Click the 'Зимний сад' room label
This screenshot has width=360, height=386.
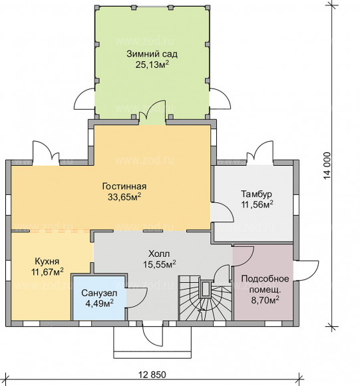tap(152, 54)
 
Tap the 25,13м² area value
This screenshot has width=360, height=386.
tap(152, 65)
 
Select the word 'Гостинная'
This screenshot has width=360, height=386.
tap(124, 186)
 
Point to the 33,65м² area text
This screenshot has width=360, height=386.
tap(124, 197)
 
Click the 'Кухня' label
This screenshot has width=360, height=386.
tap(47, 261)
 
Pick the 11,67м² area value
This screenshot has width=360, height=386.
tap(47, 272)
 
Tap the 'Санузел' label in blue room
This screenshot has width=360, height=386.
tap(99, 293)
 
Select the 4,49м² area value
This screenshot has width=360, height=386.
tap(99, 303)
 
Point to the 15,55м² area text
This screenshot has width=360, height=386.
tap(159, 264)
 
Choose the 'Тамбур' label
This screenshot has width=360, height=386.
tap(256, 194)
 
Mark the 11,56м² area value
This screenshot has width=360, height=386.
tap(257, 204)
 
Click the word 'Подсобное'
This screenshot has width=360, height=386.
tap(265, 279)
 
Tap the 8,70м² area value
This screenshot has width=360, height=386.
tap(265, 300)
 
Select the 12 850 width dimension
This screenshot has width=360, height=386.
tap(152, 375)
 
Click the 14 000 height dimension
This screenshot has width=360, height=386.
tap(327, 166)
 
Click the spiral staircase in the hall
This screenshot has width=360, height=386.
tap(205, 298)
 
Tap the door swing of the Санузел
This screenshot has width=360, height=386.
tap(136, 297)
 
